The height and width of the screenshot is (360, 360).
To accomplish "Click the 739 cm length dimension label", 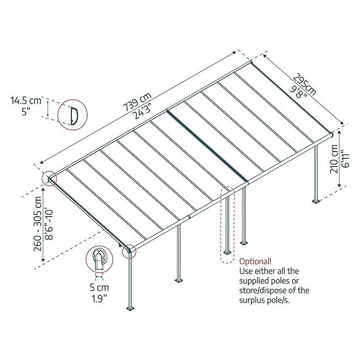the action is (137, 102).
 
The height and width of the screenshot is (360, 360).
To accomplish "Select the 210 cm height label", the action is (334, 159).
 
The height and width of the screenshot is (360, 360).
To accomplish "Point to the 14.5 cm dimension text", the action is (26, 100).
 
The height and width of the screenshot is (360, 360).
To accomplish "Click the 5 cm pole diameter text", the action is (99, 287).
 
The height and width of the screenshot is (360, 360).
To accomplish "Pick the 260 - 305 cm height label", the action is (38, 223).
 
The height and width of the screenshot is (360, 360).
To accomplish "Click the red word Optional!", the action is (256, 261).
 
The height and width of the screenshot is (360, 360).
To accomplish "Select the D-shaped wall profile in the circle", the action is (74, 116).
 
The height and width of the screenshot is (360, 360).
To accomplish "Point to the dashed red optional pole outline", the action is (227, 225).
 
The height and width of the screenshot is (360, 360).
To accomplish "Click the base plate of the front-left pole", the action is (131, 308).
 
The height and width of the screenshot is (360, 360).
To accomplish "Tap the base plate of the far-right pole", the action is (317, 202).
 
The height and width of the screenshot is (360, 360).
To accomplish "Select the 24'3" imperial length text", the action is (143, 112).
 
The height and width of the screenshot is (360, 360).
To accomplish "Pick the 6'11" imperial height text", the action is (345, 159).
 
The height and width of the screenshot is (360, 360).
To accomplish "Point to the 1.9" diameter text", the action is (99, 299).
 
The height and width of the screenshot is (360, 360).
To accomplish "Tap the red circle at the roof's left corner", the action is (49, 178).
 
